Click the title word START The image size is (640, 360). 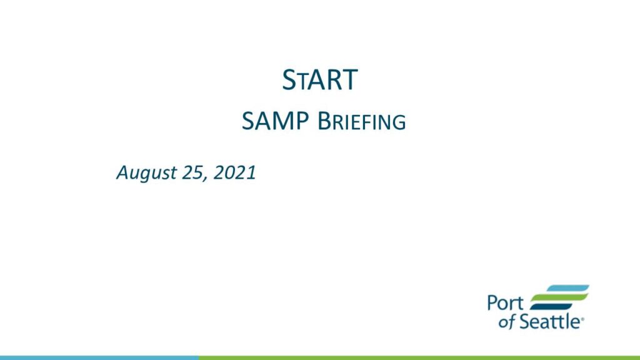coord(320,80)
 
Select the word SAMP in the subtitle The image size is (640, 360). coord(275,121)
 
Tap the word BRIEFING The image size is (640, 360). coord(362,122)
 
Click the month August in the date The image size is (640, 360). coord(146,173)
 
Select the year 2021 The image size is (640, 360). coord(235,172)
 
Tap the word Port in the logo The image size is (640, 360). coord(505,303)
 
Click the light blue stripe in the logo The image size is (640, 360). coord(568,289)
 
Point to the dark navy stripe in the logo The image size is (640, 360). coord(551,306)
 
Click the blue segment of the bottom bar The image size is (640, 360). coord(99,357)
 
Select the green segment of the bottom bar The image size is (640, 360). coord(419,357)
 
